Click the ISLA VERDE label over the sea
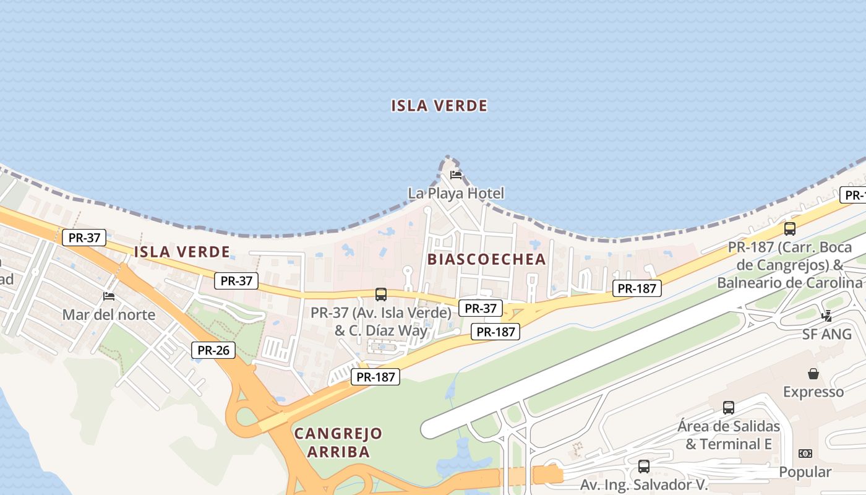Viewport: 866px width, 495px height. click(439, 106)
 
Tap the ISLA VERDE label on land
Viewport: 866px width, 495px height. click(182, 252)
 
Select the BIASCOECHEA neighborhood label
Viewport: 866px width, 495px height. click(487, 259)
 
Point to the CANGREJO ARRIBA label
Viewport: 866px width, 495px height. click(338, 442)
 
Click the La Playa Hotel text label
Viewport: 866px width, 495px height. click(456, 193)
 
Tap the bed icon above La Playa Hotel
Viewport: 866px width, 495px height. click(456, 174)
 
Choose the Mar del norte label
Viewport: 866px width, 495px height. click(109, 314)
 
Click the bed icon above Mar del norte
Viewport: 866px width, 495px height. click(109, 296)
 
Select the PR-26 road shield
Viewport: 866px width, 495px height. click(213, 350)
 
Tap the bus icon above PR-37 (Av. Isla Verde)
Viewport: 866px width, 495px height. click(381, 295)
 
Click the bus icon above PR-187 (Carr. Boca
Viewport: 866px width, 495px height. click(789, 229)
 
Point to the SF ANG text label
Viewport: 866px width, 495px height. click(827, 334)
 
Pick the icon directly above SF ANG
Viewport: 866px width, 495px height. click(827, 316)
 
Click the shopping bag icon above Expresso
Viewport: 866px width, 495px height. click(813, 374)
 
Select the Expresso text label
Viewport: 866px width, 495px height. click(813, 392)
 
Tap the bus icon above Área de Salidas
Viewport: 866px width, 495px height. click(729, 408)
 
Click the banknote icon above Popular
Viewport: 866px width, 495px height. click(805, 454)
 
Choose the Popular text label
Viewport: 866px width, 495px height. click(805, 472)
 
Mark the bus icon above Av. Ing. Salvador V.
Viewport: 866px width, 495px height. click(644, 466)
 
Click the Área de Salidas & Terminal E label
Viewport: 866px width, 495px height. click(729, 435)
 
